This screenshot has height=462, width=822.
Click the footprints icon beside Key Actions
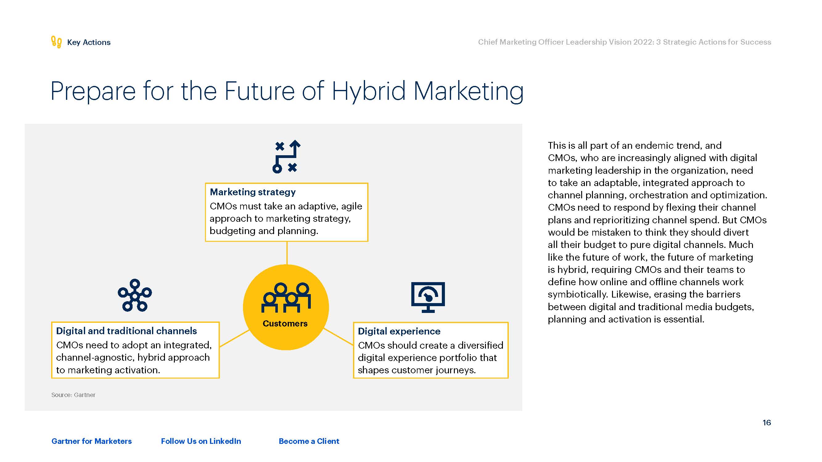pos(56,42)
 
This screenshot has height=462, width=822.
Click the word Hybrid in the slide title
pos(368,92)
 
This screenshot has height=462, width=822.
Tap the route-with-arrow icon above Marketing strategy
pos(286,156)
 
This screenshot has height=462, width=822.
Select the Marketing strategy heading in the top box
pos(253,192)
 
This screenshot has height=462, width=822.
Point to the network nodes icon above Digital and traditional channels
pos(135,295)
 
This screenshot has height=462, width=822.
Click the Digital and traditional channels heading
pos(126,331)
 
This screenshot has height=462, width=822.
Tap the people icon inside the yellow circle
pos(286,298)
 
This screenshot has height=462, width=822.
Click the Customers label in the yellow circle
pos(285,323)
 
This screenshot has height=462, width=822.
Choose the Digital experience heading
pos(399,331)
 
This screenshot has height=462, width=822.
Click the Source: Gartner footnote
pos(73,395)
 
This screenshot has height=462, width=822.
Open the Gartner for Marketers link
pos(92,441)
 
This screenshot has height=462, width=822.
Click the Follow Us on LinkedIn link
pos(201,441)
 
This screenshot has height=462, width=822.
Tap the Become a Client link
pos(309,441)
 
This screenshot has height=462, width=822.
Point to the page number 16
pos(767,423)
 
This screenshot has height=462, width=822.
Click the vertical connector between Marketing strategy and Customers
pos(287,253)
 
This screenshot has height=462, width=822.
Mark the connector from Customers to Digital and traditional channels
pos(235,338)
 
